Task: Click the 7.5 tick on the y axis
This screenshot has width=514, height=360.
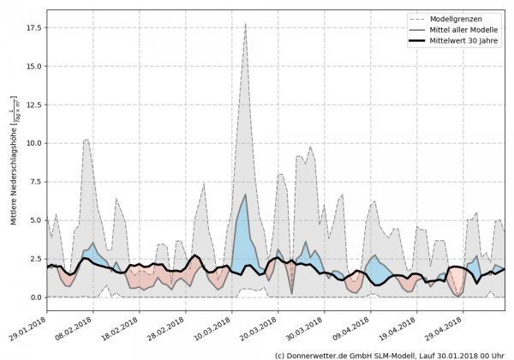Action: (34, 182)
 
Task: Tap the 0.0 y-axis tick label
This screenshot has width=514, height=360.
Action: (34, 297)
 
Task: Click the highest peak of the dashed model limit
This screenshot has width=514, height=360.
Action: (245, 25)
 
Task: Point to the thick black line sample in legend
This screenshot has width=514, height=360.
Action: (421, 40)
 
